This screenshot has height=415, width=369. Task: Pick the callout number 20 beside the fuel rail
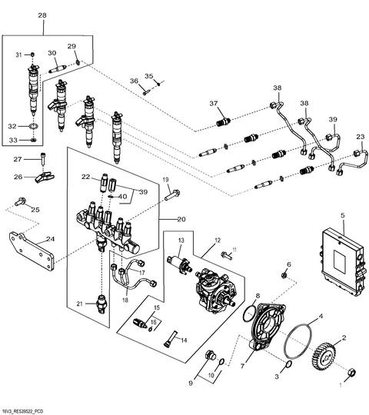[x=182, y=219]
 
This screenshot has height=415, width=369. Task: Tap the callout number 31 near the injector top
[x=20, y=55]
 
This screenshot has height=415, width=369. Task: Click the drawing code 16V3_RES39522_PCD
[x=30, y=410]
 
